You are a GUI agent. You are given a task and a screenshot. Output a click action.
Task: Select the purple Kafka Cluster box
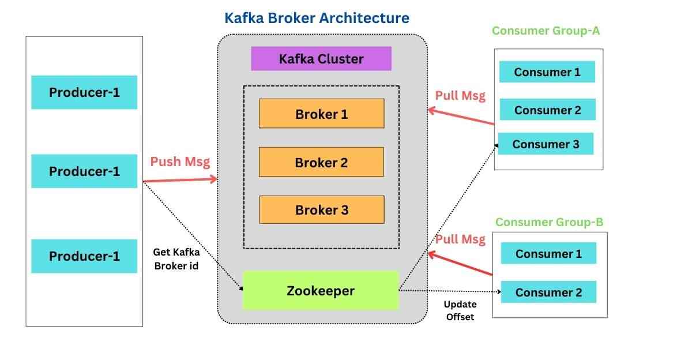click(x=321, y=59)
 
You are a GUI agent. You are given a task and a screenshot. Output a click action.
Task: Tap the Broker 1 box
click(x=321, y=114)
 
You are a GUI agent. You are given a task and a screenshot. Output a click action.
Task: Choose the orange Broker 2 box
click(x=321, y=162)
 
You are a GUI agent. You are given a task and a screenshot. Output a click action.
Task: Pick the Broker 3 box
click(x=321, y=210)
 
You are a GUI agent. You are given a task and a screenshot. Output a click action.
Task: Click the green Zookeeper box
click(x=321, y=291)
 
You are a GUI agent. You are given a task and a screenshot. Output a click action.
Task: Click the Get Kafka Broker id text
click(x=176, y=258)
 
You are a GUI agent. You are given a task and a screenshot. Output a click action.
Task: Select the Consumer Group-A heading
click(x=546, y=31)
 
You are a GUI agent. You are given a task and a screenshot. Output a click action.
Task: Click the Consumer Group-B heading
click(x=549, y=222)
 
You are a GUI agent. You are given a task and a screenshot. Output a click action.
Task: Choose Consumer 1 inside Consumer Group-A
click(x=547, y=72)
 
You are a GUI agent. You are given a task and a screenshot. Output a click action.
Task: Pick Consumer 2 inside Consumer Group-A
click(x=547, y=110)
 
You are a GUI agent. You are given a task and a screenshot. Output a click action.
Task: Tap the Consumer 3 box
click(x=546, y=144)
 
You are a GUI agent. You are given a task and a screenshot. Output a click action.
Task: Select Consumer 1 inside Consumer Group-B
click(x=548, y=254)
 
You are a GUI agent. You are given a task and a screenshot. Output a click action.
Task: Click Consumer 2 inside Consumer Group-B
click(x=548, y=292)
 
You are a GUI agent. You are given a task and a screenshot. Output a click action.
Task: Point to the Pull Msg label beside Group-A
click(x=460, y=95)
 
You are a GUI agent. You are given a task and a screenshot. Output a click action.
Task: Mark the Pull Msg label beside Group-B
click(x=460, y=239)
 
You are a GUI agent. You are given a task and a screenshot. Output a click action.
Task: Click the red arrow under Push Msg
click(x=180, y=181)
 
